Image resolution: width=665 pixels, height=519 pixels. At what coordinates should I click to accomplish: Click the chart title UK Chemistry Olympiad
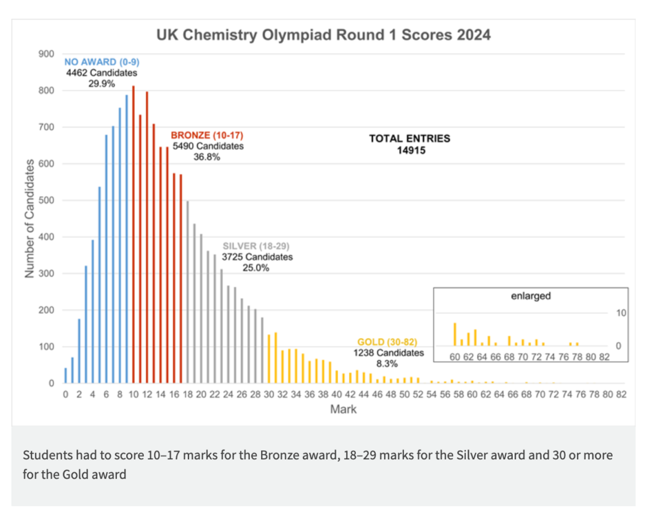click(x=323, y=34)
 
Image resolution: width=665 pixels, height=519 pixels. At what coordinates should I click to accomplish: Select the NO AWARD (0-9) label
click(x=102, y=62)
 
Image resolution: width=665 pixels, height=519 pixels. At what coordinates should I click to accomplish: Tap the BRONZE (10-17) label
click(x=206, y=135)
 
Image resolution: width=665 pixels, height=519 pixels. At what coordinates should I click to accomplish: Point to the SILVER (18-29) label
click(x=257, y=246)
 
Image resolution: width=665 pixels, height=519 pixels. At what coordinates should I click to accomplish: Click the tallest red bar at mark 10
click(x=133, y=234)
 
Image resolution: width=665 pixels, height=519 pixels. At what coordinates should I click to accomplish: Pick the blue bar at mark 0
click(x=65, y=376)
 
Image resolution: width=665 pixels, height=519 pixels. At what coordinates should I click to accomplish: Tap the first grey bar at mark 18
click(x=187, y=292)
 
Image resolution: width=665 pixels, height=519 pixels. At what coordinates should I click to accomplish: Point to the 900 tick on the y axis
click(x=47, y=54)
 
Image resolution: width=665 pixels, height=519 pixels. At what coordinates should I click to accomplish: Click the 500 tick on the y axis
click(x=47, y=201)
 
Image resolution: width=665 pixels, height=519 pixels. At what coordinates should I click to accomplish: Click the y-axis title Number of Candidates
click(x=29, y=219)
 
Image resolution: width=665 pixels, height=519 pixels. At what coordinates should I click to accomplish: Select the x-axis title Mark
click(x=343, y=409)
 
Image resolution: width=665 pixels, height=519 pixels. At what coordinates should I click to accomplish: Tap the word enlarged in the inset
click(x=531, y=296)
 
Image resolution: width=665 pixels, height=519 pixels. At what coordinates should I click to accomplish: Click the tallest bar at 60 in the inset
click(x=455, y=334)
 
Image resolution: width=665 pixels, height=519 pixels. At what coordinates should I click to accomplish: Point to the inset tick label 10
click(x=621, y=313)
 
